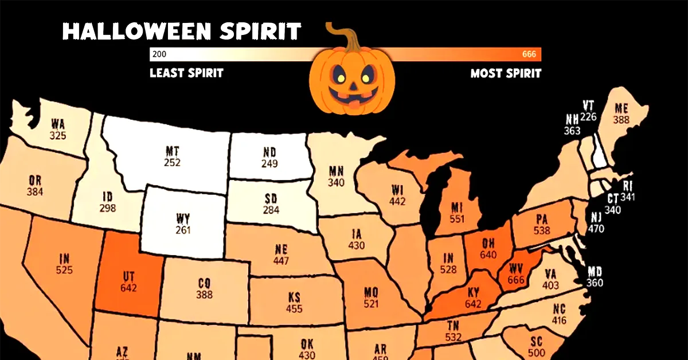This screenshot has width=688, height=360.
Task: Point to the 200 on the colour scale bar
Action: pyautogui.click(x=159, y=54)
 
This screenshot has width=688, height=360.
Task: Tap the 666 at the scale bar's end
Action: pyautogui.click(x=529, y=54)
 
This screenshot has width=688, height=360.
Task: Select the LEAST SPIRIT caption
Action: pyautogui.click(x=186, y=73)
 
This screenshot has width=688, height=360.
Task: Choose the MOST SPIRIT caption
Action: pyautogui.click(x=506, y=73)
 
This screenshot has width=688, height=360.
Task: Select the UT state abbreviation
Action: pyautogui.click(x=128, y=276)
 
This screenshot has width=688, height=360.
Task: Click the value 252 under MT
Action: pyautogui.click(x=172, y=163)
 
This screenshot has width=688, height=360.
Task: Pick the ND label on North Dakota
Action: pyautogui.click(x=269, y=152)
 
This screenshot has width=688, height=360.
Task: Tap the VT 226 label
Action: pyautogui.click(x=588, y=111)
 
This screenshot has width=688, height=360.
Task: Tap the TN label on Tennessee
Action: pyautogui.click(x=452, y=326)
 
